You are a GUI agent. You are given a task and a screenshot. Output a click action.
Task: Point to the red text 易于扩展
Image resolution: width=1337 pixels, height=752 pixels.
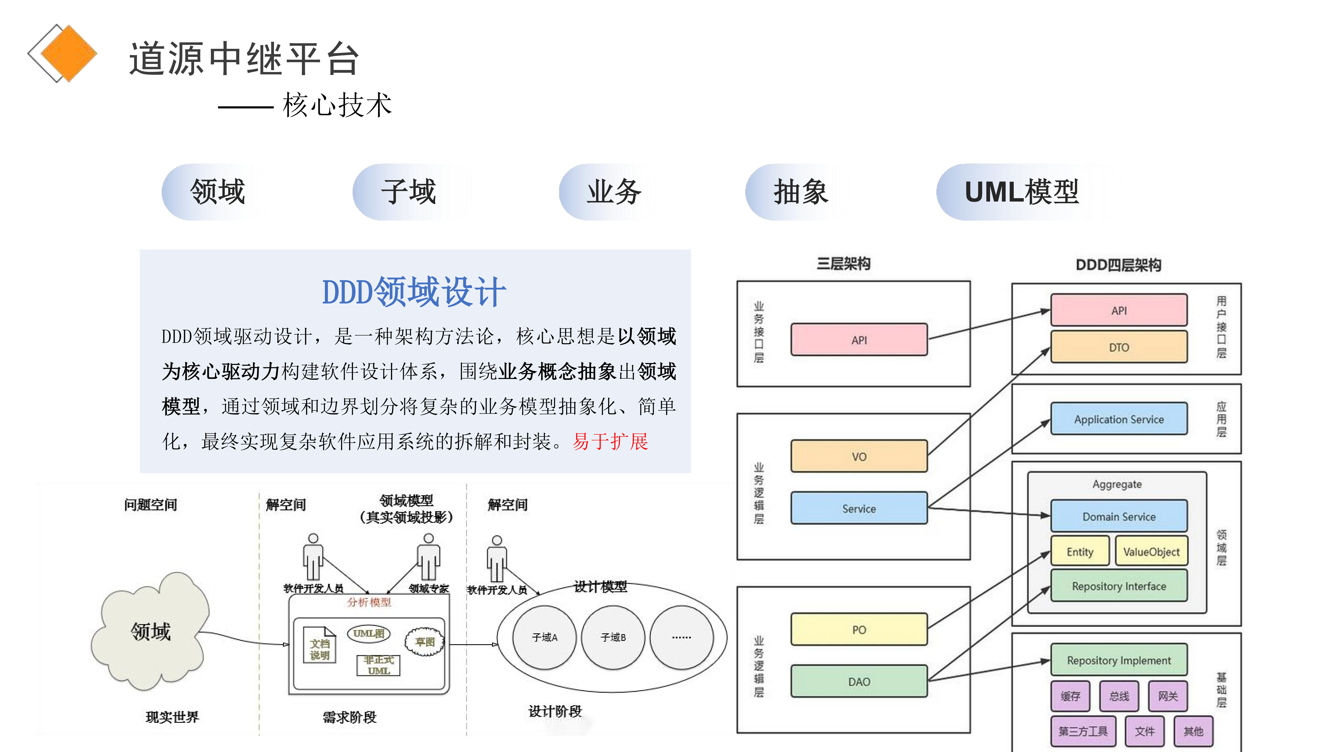coord(610,442)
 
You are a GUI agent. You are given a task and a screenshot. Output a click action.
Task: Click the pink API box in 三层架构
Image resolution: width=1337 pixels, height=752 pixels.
coord(859,340)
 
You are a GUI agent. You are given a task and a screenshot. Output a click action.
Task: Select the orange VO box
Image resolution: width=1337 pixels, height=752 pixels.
coord(859,456)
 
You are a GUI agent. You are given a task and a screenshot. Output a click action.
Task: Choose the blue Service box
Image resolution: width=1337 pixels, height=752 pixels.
coord(859,508)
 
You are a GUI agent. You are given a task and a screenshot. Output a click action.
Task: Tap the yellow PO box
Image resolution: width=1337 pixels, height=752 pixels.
coord(859,630)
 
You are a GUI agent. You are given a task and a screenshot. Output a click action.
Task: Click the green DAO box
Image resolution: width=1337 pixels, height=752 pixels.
coord(859,681)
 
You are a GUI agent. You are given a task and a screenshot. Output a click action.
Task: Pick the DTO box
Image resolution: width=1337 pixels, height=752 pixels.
coord(1119,347)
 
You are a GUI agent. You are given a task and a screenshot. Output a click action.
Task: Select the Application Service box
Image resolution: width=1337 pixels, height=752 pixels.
coord(1119,419)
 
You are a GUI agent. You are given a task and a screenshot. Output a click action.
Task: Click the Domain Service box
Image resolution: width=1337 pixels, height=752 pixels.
coord(1119,516)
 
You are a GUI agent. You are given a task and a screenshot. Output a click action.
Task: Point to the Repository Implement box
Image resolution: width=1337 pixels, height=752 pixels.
coord(1119,660)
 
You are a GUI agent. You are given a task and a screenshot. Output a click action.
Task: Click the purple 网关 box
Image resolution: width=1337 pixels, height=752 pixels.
coord(1168,696)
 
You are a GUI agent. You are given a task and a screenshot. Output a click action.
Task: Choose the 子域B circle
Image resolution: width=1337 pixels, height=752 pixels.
coord(613,637)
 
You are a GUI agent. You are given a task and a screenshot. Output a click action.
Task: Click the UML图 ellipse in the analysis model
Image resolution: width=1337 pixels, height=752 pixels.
coord(369,633)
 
